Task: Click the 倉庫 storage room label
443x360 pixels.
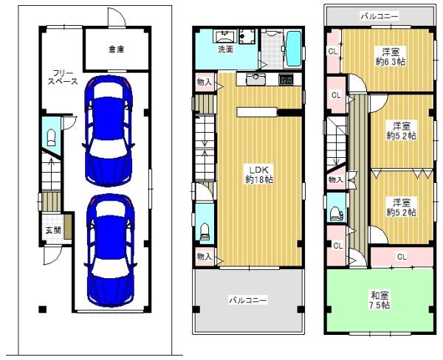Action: [x=117, y=49]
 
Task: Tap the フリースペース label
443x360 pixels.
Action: [x=63, y=77]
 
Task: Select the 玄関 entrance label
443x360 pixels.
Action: [x=53, y=230]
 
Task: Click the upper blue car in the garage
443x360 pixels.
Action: [x=109, y=131]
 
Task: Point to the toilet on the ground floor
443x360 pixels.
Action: [x=51, y=138]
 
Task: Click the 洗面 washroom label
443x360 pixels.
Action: [x=225, y=49]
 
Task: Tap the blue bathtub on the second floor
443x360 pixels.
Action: [x=294, y=49]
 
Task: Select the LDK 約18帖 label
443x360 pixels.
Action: [x=259, y=175]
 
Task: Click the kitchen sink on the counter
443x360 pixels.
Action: [x=255, y=80]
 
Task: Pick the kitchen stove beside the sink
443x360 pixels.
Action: [x=286, y=80]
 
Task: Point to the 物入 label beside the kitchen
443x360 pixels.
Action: [x=204, y=82]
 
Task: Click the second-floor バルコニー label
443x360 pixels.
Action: [x=247, y=300]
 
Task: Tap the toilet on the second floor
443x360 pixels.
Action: [x=205, y=232]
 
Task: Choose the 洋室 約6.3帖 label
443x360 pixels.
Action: [x=391, y=57]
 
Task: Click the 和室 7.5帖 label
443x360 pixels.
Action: [x=380, y=300]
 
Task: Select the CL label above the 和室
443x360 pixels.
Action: [x=402, y=257]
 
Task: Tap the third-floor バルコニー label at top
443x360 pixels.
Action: [x=380, y=16]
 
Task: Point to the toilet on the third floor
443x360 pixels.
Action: [x=337, y=214]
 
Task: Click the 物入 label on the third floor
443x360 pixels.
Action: [x=335, y=179]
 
